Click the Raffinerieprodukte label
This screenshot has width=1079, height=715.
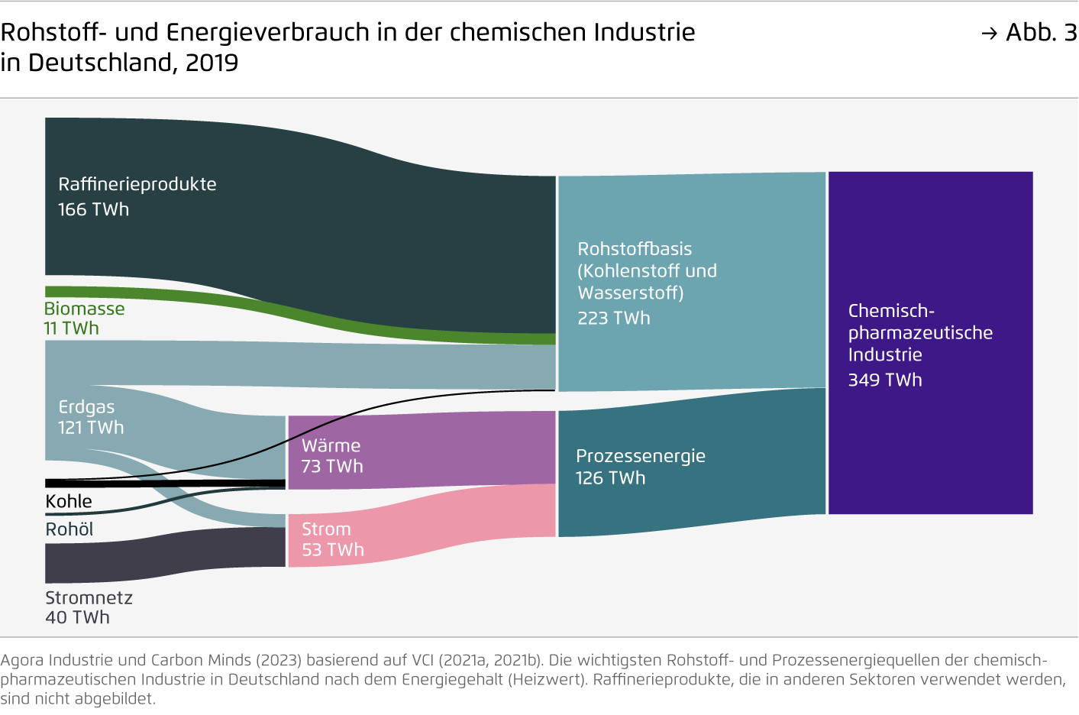click(x=137, y=184)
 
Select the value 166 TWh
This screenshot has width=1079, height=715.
click(x=93, y=209)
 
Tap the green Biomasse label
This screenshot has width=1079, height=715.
click(x=84, y=309)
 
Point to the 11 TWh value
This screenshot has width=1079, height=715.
click(x=71, y=328)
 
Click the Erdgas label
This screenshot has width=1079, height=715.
click(x=86, y=407)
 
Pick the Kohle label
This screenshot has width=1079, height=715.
click(x=69, y=502)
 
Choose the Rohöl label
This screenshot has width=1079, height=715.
click(x=69, y=529)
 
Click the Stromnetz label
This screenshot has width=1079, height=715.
click(x=89, y=598)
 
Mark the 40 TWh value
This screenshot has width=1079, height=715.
click(x=77, y=617)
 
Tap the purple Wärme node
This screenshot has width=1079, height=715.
click(x=421, y=451)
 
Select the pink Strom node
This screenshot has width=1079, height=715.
click(x=421, y=527)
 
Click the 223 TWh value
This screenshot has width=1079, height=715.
click(x=614, y=319)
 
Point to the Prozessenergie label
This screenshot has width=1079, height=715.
click(x=641, y=456)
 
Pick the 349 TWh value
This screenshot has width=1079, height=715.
click(x=885, y=380)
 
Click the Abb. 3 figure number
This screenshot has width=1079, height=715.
click(x=1040, y=32)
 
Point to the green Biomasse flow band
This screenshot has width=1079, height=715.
click(x=305, y=313)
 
